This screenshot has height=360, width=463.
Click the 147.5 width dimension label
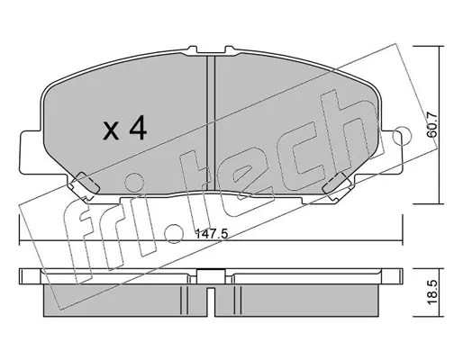coord(212,234)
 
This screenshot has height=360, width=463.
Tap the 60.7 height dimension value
coord(432,125)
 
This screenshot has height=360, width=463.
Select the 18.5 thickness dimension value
coord(432,292)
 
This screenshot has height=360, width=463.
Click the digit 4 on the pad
coord(138,129)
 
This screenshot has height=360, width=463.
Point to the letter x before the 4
coord(111,132)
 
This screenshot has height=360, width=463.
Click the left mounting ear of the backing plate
coord(30,152)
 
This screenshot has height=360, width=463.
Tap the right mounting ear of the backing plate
coord(391,152)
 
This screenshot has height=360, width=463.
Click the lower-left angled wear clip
coord(86,184)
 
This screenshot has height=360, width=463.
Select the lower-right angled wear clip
coord(336,184)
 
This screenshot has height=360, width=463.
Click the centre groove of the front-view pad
coord(211,123)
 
